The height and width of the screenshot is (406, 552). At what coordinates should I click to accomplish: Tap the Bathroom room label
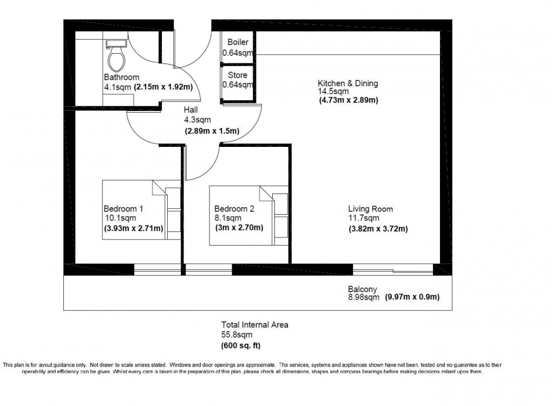(x=121, y=78)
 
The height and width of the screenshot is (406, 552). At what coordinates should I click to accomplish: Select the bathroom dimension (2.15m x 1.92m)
(x=164, y=87)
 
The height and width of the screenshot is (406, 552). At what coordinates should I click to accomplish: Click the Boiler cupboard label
(x=238, y=43)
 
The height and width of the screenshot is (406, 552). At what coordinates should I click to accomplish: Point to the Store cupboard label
(x=238, y=75)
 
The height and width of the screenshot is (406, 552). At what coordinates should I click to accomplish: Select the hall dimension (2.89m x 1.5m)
(x=212, y=131)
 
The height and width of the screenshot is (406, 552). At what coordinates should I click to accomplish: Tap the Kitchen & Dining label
(x=347, y=83)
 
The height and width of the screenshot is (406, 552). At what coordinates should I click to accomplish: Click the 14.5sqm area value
(x=330, y=92)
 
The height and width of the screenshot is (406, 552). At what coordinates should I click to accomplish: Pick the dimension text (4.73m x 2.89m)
(x=349, y=100)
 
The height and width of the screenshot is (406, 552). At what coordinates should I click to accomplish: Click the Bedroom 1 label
(x=123, y=209)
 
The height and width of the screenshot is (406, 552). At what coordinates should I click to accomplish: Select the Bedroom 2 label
(x=234, y=209)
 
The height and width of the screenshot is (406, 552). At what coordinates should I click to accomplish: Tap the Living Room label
(x=370, y=209)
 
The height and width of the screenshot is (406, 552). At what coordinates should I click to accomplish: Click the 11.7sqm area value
(x=361, y=218)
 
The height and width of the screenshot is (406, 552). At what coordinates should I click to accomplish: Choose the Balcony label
(x=362, y=289)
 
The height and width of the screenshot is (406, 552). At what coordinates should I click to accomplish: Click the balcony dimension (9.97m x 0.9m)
(x=412, y=297)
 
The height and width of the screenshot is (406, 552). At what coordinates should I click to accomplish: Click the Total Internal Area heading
(x=254, y=325)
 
